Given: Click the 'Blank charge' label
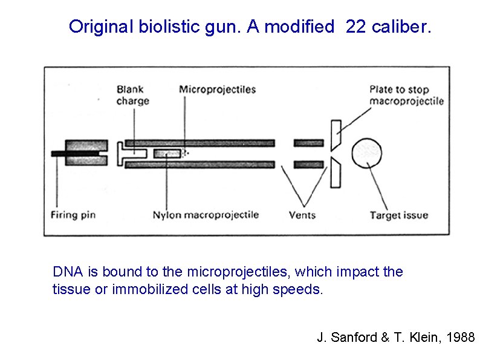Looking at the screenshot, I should pyautogui.click(x=132, y=95).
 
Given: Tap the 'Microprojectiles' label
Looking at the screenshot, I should pyautogui.click(x=217, y=90).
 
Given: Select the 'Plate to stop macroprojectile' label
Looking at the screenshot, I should pyautogui.click(x=406, y=95).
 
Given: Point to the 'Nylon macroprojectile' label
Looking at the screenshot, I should pyautogui.click(x=206, y=215).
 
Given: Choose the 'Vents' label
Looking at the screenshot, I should pyautogui.click(x=302, y=215).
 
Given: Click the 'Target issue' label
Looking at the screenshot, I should pyautogui.click(x=398, y=215).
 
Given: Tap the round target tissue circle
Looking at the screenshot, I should pyautogui.click(x=367, y=153).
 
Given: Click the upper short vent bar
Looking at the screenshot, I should pyautogui.click(x=308, y=143).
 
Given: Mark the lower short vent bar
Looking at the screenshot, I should pyautogui.click(x=308, y=164).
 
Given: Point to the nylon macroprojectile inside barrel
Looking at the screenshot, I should pyautogui.click(x=167, y=154).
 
